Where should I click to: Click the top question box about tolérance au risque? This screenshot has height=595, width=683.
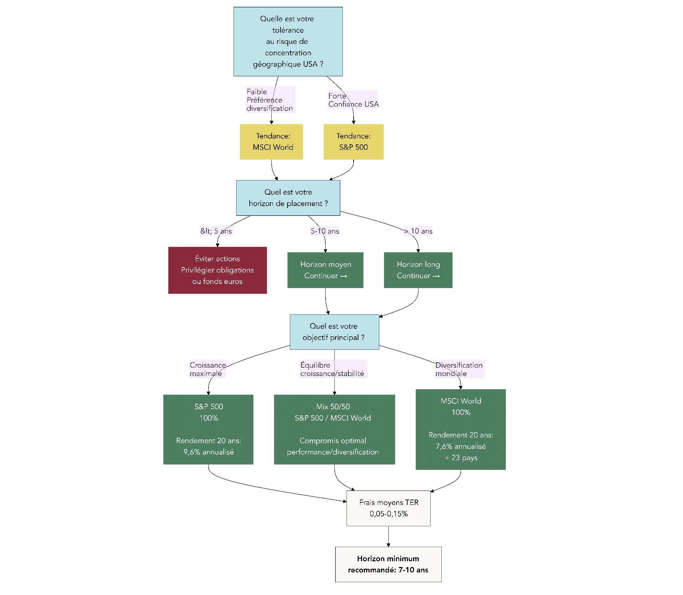[288, 41]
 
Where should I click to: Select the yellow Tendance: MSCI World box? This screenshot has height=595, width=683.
[271, 142]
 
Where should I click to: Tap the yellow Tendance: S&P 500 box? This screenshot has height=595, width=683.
[353, 142]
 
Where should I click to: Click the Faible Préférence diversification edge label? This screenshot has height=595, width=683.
[270, 100]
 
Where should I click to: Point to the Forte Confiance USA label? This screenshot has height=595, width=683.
[353, 100]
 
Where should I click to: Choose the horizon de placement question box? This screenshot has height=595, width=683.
[288, 198]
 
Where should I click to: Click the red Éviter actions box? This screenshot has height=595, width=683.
[217, 270]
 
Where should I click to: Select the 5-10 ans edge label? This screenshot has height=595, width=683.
[325, 231]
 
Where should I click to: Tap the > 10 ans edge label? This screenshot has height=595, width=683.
[418, 231]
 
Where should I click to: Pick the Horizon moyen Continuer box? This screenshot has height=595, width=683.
[325, 270]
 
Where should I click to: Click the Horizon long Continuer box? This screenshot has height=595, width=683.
[418, 270]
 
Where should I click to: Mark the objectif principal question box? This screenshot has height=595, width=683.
[334, 332]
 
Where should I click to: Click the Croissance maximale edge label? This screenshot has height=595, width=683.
[208, 369]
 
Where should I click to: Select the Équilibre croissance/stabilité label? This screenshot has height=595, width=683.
[333, 369]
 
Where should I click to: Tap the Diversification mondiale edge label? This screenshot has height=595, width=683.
[459, 369]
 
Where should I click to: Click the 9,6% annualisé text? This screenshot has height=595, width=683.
[209, 452]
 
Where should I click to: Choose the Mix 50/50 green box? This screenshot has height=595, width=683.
[334, 429]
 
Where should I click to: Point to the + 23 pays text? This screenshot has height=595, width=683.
[461, 458]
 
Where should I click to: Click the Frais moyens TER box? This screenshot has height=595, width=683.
[388, 508]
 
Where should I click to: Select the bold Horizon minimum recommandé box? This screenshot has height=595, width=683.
[388, 564]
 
